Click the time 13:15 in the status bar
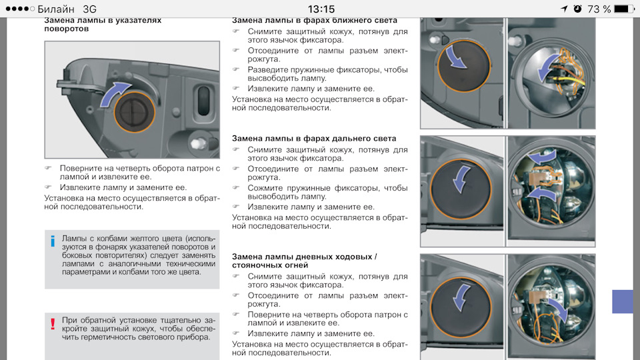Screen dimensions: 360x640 (321, 9)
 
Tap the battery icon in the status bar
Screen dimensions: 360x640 (623, 9)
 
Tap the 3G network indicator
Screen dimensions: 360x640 (89, 9)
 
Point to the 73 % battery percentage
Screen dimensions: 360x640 (598, 9)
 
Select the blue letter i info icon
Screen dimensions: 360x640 (53, 241)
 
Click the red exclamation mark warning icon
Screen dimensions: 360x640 (53, 325)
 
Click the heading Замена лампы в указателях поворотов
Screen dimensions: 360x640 (103, 25)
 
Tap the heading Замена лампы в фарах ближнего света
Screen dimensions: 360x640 (315, 21)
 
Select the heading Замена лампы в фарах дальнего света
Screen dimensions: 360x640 (314, 138)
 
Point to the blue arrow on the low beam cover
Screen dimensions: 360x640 (456, 57)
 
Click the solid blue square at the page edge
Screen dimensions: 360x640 (625, 301)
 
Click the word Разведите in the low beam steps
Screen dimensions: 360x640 (269, 69)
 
